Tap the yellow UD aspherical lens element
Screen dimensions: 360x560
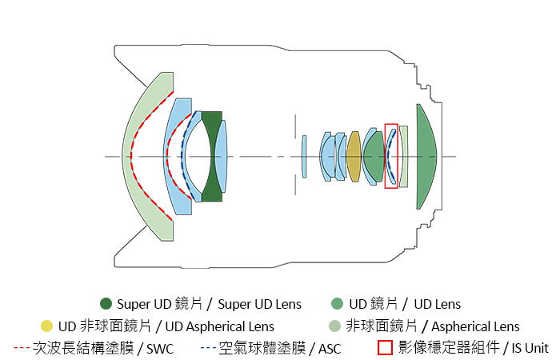tap(354, 157)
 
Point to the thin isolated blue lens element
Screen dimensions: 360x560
tap(304, 157)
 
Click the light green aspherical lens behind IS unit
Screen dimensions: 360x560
tap(404, 157)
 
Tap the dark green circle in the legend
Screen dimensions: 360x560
tap(106, 304)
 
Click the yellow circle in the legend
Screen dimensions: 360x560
tap(46, 326)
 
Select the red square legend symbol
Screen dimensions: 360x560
tap(385, 348)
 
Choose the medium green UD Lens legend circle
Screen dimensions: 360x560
tap(338, 304)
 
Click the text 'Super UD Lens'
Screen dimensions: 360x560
tap(260, 304)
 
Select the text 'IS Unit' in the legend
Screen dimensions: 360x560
tap(530, 348)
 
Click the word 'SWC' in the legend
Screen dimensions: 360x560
tap(160, 348)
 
